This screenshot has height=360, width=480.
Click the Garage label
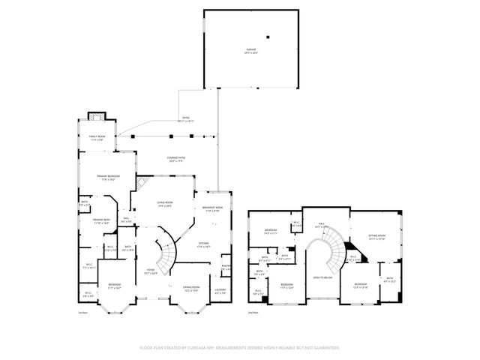tap(250, 50)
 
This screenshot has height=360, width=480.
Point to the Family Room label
tap(97, 137)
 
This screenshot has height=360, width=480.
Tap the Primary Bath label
tap(102, 221)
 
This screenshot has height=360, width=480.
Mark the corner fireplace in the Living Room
tap(142, 184)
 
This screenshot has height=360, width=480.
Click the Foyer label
tap(150, 271)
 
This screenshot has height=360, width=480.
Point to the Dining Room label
tap(191, 289)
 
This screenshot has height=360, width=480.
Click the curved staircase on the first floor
tap(168, 255)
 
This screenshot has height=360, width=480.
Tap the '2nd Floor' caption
tap(253, 312)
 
